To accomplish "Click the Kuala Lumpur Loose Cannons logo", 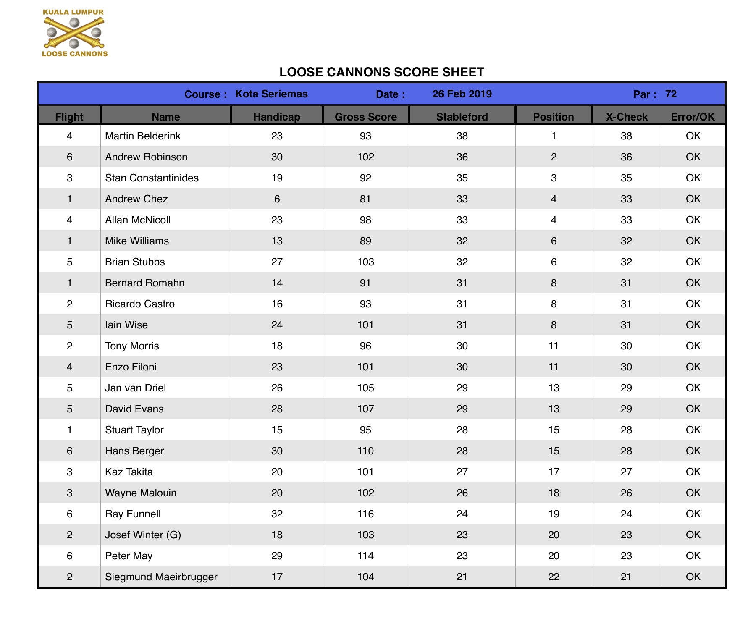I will click(x=74, y=33).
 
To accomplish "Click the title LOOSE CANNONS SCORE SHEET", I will click(x=381, y=72).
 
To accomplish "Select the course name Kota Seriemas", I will click(x=271, y=94).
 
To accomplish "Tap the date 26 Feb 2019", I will click(x=462, y=94).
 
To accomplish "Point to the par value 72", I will click(x=671, y=94).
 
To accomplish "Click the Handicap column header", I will click(x=276, y=117).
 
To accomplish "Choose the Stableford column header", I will click(x=462, y=117).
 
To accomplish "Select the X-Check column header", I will click(x=627, y=117).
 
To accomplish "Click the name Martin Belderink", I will click(x=143, y=136).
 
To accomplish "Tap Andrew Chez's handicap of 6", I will click(x=277, y=199).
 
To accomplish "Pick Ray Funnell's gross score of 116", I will click(x=365, y=514).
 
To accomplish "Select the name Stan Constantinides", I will click(x=152, y=178).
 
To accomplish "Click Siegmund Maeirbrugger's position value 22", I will click(x=554, y=577).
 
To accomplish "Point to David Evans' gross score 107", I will click(x=365, y=409).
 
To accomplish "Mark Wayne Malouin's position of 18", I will click(x=554, y=493).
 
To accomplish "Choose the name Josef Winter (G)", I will click(x=143, y=535).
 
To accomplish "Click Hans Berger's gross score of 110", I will click(x=365, y=451).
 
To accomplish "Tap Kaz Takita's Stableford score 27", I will click(x=462, y=472).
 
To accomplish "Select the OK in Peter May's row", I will click(x=693, y=556).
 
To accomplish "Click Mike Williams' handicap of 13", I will click(x=277, y=241).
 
